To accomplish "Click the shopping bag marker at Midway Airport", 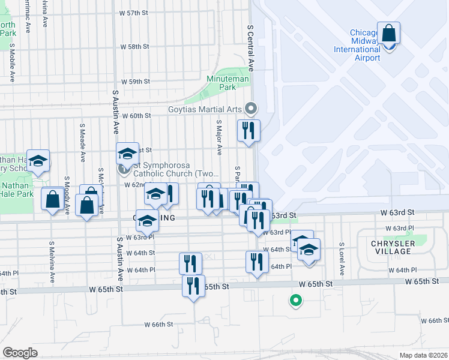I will click(388, 35).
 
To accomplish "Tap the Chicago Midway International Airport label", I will click(357, 46).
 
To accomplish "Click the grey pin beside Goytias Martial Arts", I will click(251, 109).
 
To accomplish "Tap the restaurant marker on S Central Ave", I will click(248, 131).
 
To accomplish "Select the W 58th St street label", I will click(134, 46).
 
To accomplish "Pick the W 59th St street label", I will click(134, 81).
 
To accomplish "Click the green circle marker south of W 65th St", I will click(295, 301).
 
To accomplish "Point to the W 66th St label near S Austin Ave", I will click(158, 324).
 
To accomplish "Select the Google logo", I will click(20, 352).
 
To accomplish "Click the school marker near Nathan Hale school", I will click(38, 161).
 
